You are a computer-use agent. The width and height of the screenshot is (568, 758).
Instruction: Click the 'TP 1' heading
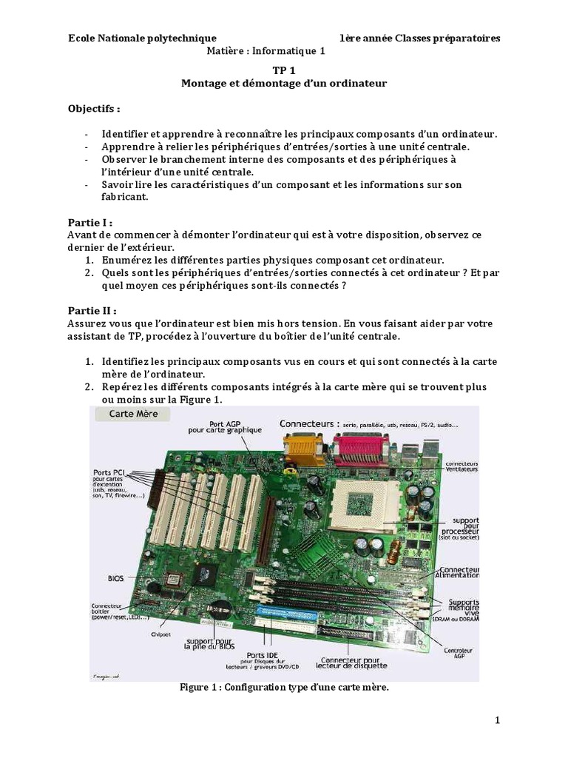(x=284, y=69)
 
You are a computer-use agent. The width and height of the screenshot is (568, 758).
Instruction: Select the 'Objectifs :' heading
(x=93, y=108)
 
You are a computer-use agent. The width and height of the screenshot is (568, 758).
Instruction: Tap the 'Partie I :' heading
(x=89, y=221)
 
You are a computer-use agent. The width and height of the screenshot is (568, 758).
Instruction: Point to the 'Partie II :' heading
(x=92, y=311)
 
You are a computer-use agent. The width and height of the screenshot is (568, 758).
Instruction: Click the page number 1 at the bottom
(x=498, y=720)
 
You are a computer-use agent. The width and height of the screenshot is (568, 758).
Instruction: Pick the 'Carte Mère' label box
(x=131, y=415)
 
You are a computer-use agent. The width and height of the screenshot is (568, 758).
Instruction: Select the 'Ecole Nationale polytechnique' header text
(x=142, y=38)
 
